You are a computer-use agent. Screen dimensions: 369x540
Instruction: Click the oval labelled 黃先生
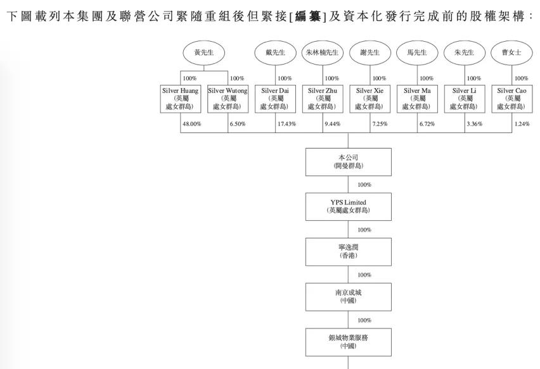pos(203,53)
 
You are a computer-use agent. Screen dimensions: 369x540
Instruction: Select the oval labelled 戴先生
pos(276,53)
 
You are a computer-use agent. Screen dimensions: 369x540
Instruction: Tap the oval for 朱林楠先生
pos(323,53)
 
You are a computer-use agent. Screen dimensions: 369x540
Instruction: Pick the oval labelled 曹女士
pos(513,53)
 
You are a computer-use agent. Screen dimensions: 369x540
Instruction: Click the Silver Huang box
pos(181,98)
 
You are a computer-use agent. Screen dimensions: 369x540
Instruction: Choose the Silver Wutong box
pos(228,98)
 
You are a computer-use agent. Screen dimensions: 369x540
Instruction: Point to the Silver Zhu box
pos(323,98)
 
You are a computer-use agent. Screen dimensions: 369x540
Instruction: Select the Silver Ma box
pos(418,98)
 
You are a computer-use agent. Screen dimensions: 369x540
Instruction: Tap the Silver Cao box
pos(513,98)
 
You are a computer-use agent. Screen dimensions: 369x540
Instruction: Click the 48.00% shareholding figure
pos(191,123)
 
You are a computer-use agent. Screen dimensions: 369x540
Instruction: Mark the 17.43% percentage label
pos(286,123)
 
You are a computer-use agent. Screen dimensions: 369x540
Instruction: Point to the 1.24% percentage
pos(522,123)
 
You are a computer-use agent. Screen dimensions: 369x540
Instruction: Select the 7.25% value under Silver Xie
pos(380,123)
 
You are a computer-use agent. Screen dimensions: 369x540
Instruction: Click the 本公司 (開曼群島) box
pos(347,161)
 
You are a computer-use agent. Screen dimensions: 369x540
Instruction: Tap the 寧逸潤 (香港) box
pos(347,251)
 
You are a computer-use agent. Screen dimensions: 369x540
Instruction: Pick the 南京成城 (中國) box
pos(347,296)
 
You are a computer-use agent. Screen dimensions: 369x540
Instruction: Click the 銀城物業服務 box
pos(347,342)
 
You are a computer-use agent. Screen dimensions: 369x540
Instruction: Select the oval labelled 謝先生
pos(371,53)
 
